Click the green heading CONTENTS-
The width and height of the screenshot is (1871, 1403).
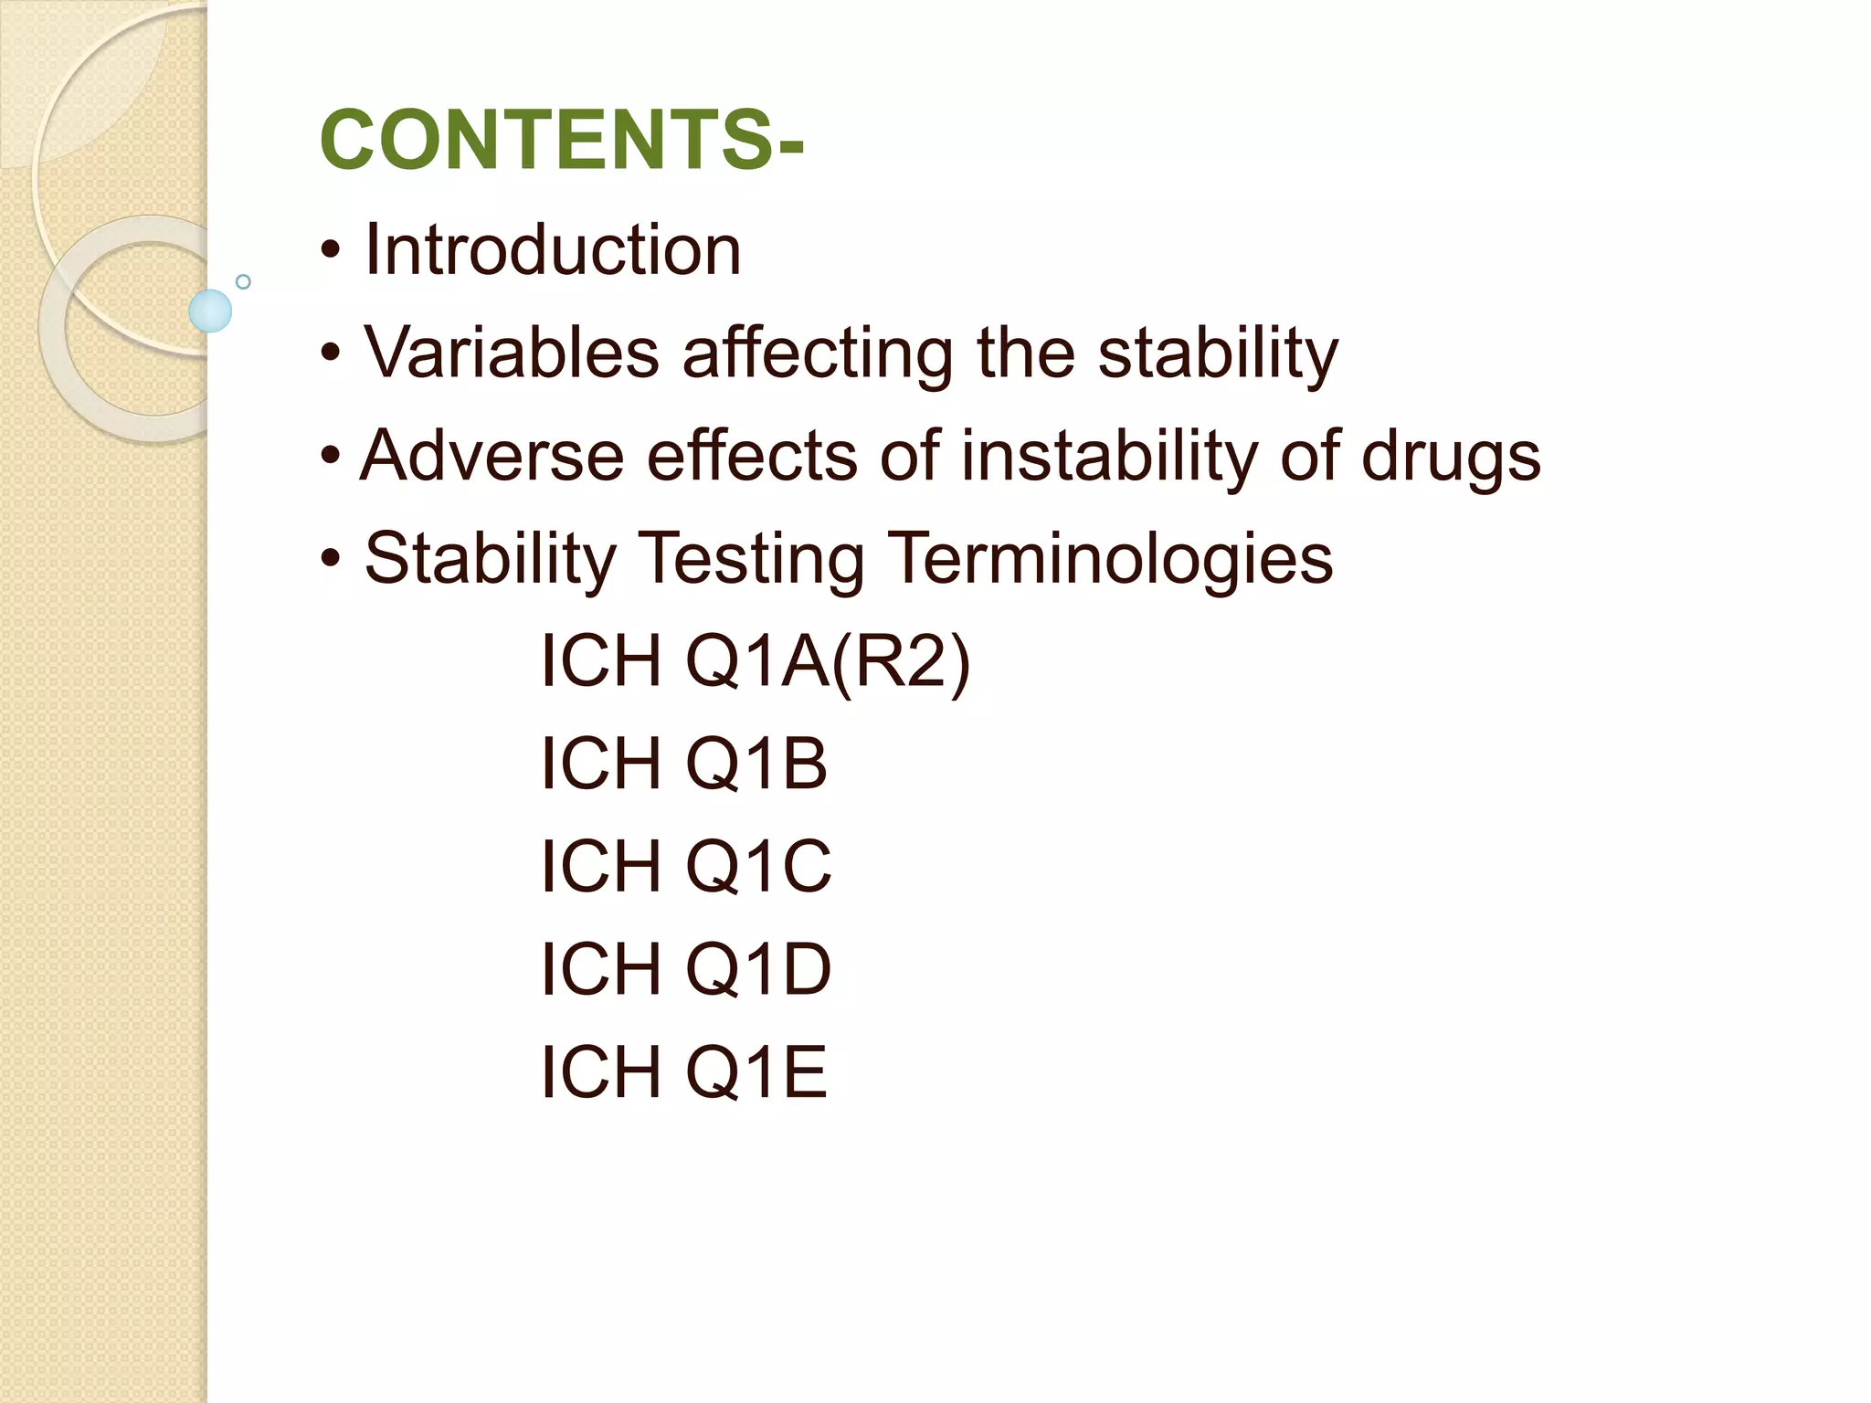561,140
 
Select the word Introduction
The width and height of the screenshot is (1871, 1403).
552,250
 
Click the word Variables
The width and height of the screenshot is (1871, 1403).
512,353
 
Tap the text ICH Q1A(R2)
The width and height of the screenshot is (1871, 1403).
755,661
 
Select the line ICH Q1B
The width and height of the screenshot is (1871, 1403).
683,764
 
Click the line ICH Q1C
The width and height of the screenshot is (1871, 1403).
685,866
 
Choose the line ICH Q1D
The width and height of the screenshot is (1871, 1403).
685,969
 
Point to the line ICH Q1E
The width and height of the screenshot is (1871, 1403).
683,1071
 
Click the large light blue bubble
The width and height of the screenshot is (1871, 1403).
210,311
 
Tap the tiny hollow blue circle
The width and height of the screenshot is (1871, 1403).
243,281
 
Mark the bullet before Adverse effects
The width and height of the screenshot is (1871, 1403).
331,456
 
